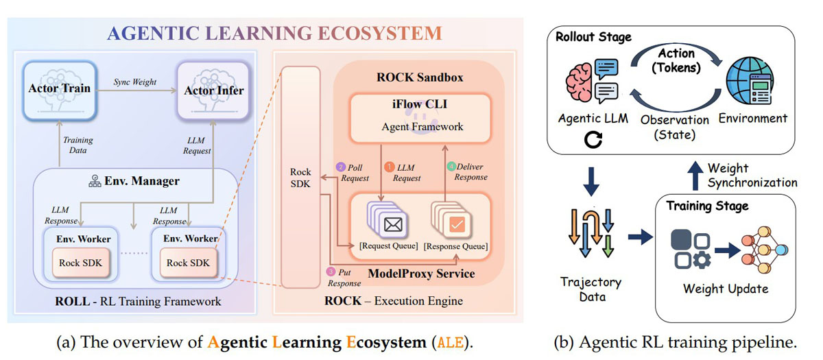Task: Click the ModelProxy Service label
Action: click(422, 274)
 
